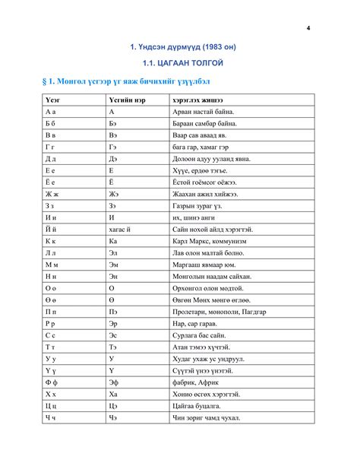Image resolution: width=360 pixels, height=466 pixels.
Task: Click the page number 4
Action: point(308,28)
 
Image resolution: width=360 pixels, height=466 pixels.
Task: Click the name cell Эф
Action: point(114,381)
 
